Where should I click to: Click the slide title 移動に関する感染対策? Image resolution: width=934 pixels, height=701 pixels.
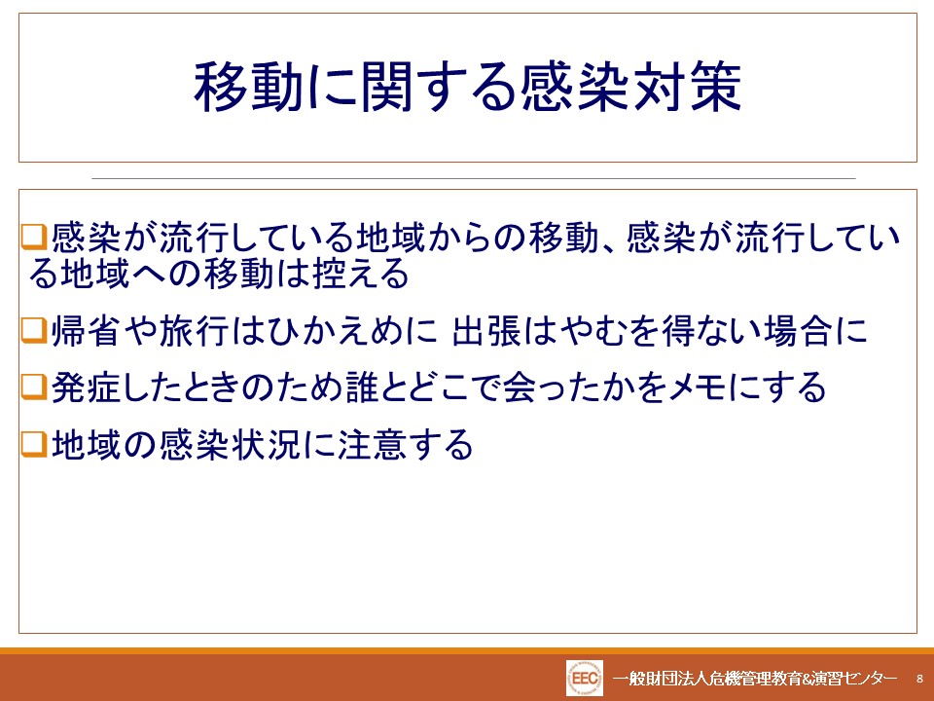(468, 87)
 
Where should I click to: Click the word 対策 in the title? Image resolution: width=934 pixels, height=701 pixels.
(688, 87)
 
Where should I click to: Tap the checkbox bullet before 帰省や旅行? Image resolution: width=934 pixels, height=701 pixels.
(34, 330)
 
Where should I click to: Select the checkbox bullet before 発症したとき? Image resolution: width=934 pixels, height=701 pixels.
(34, 387)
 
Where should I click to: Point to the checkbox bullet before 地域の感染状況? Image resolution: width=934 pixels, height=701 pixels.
(34, 444)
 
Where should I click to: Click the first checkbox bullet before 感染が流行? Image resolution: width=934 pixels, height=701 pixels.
(34, 237)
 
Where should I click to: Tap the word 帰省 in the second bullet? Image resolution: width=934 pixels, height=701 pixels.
(86, 330)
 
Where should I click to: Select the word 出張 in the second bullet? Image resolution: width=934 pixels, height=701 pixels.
(486, 330)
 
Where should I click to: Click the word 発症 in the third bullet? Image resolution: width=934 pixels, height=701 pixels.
(87, 387)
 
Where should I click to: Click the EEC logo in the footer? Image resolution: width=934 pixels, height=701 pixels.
(585, 679)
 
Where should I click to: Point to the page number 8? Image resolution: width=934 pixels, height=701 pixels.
(919, 679)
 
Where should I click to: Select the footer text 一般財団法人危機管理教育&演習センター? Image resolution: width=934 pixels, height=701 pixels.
(755, 679)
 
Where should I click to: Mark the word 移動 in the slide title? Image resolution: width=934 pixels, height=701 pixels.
(249, 87)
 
